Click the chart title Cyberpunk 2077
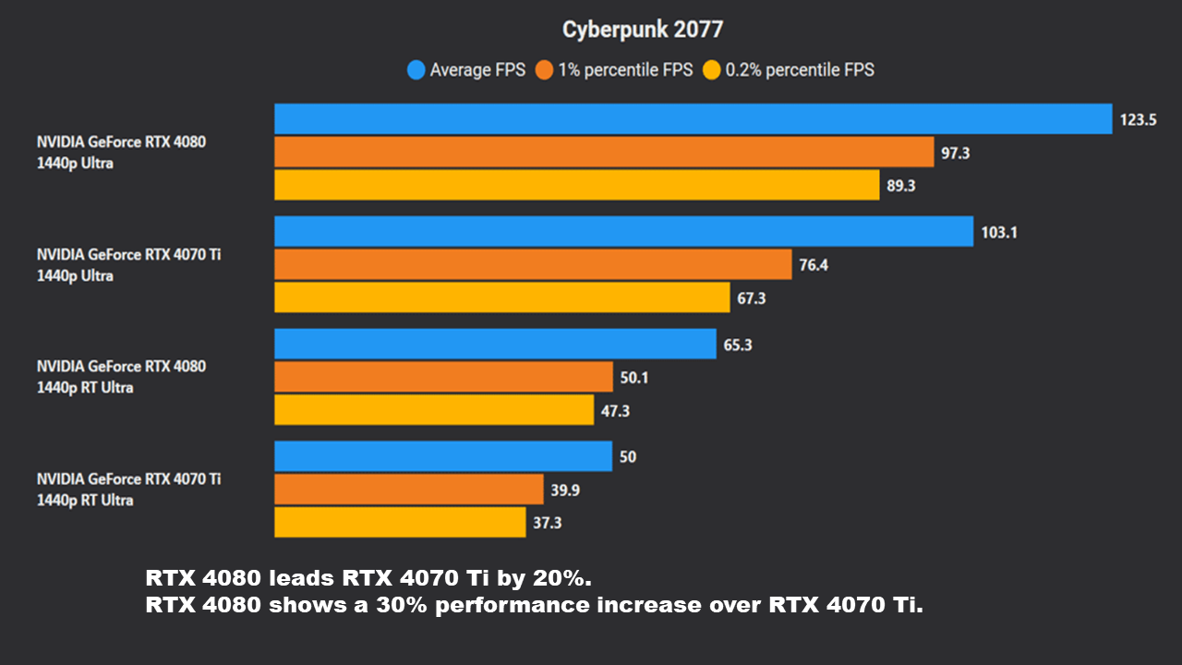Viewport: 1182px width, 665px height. pyautogui.click(x=643, y=30)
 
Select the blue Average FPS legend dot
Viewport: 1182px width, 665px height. pyautogui.click(x=416, y=69)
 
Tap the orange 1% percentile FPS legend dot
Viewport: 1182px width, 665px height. pyautogui.click(x=545, y=69)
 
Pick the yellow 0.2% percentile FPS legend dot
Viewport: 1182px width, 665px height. pyautogui.click(x=712, y=69)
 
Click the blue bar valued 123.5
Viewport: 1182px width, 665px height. pyautogui.click(x=693, y=119)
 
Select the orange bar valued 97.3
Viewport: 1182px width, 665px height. pyautogui.click(x=604, y=152)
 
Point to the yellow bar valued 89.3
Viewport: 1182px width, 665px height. pyautogui.click(x=576, y=185)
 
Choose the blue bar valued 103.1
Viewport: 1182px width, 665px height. pyautogui.click(x=623, y=232)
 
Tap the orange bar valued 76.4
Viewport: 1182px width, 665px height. pyautogui.click(x=533, y=265)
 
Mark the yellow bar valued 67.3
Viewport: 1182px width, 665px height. pyautogui.click(x=501, y=297)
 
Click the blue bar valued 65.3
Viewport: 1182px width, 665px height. pyautogui.click(x=495, y=345)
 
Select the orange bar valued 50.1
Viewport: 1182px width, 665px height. pyautogui.click(x=443, y=377)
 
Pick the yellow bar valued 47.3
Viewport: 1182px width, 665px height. pyautogui.click(x=434, y=410)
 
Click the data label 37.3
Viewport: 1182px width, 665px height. pyautogui.click(x=547, y=523)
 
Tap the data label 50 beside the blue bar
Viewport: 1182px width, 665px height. pyautogui.click(x=628, y=457)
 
